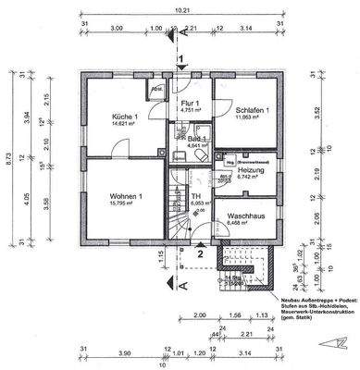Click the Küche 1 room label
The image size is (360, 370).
click(125, 116)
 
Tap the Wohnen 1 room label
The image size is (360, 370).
click(127, 197)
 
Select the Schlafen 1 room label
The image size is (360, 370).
click(251, 110)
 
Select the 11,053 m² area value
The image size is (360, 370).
click(251, 118)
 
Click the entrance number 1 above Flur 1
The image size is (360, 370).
click(182, 59)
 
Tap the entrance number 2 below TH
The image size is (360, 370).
click(198, 252)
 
